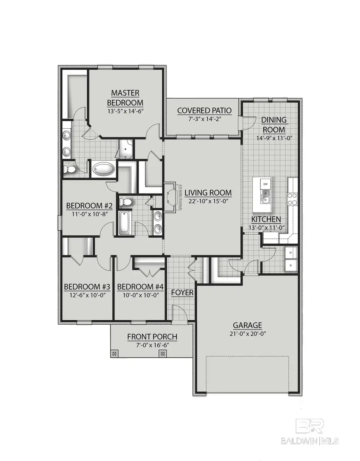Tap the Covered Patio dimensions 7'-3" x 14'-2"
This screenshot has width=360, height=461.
(x=199, y=119)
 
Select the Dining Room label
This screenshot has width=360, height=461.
(x=274, y=124)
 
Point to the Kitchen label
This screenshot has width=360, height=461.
(x=266, y=220)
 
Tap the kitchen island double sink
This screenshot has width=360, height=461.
(x=265, y=195)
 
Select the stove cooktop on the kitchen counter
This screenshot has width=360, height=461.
(x=293, y=199)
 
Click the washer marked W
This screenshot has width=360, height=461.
(x=290, y=253)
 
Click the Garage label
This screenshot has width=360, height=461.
(x=248, y=325)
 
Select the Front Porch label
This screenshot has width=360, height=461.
(x=152, y=337)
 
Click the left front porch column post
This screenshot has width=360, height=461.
(x=114, y=353)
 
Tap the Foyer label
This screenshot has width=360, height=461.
(x=182, y=293)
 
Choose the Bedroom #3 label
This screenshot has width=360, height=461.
(x=87, y=287)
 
